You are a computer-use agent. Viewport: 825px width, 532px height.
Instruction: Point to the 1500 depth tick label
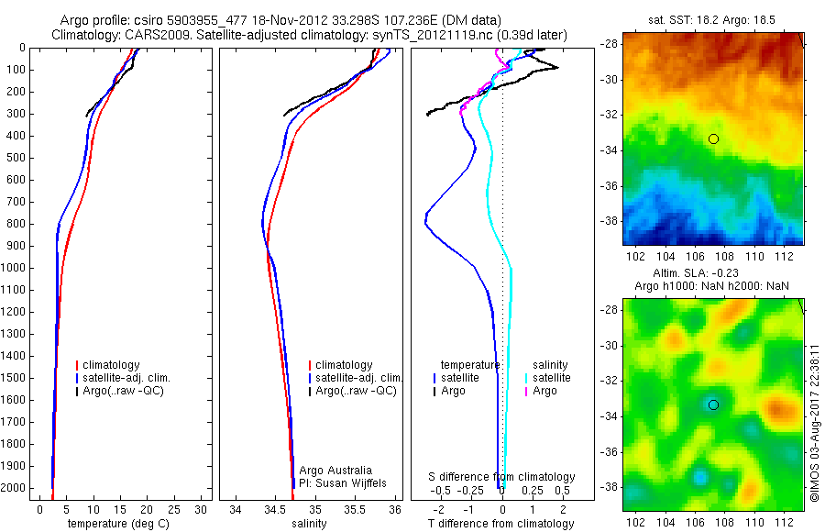(15, 378)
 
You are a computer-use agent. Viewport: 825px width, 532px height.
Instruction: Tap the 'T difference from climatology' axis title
(502, 524)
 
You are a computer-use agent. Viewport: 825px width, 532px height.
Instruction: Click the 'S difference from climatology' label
(502, 477)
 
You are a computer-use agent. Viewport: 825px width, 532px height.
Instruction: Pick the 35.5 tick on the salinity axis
(355, 509)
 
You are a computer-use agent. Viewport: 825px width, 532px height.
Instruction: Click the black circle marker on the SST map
(713, 139)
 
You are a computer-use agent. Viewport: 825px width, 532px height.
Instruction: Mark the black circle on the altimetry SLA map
(713, 405)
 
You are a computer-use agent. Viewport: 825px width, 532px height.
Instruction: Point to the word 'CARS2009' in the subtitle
(151, 35)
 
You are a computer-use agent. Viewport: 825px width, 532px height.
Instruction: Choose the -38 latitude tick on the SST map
(610, 221)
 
